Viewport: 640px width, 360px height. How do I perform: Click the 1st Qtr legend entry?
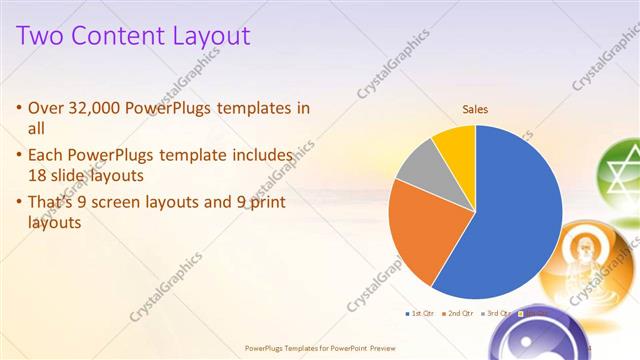pyautogui.click(x=421, y=314)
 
